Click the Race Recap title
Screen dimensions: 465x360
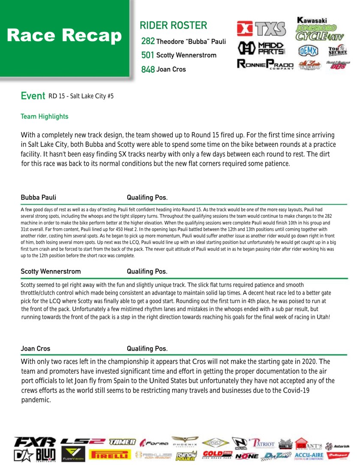64,36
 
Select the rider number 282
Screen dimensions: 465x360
148,42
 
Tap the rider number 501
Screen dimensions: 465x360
148,55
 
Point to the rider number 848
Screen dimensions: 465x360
148,69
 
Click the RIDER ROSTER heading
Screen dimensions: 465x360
173,26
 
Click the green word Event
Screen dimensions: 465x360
33,96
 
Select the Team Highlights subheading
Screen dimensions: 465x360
45,116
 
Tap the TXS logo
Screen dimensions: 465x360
261,29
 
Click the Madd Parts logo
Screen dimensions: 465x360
261,48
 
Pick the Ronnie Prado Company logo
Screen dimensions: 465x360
265,65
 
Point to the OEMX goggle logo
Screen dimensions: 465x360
308,51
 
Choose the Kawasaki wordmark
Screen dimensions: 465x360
312,20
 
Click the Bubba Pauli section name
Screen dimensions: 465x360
38,197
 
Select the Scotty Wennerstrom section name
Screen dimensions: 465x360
51,271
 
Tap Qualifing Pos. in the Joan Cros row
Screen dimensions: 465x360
147,349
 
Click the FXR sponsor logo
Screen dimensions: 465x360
35,441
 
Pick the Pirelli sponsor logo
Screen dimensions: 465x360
109,455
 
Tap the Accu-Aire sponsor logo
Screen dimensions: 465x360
308,455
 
